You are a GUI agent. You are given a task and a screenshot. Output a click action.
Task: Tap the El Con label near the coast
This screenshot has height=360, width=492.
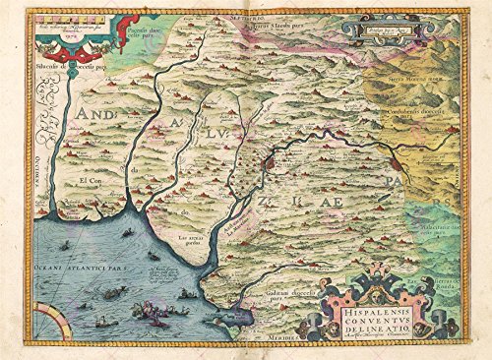[x=92, y=182]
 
